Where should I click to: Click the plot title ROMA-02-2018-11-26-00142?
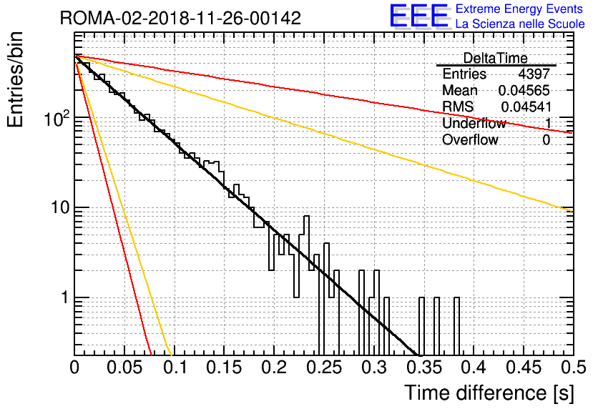180,18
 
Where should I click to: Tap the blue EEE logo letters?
418,16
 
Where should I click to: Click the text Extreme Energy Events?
519,9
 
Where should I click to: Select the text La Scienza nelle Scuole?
520,24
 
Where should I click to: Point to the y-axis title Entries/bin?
15,79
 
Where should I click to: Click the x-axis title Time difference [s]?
489,393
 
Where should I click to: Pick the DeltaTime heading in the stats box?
496,59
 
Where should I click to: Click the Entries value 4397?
534,74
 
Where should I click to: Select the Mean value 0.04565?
524,90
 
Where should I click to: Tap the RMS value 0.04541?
526,107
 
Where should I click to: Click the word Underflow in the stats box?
474,123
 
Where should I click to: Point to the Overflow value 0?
546,140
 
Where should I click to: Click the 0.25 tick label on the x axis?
325,368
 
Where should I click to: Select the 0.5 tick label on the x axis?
574,368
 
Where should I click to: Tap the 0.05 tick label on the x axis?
124,368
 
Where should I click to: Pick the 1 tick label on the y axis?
65,297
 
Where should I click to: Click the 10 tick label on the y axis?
60,208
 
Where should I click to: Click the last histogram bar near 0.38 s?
456,326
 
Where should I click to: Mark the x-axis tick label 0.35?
424,368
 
